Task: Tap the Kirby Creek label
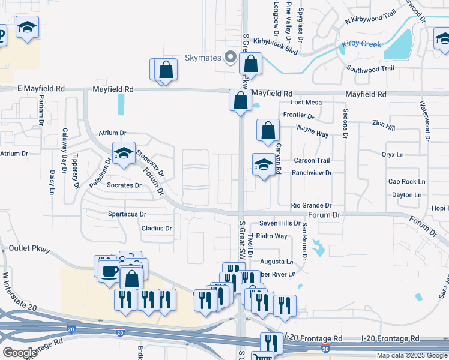[361, 44]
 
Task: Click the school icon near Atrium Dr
[124, 154]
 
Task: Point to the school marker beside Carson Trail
[264, 165]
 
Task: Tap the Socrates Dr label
[124, 185]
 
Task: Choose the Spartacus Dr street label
[127, 214]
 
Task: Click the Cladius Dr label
[157, 229]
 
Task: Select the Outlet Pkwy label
[29, 248]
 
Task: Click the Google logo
[20, 353]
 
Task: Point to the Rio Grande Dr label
[312, 205]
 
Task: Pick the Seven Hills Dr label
[280, 223]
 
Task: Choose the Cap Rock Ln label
[406, 181]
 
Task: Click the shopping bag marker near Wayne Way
[268, 130]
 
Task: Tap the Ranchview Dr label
[312, 173]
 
